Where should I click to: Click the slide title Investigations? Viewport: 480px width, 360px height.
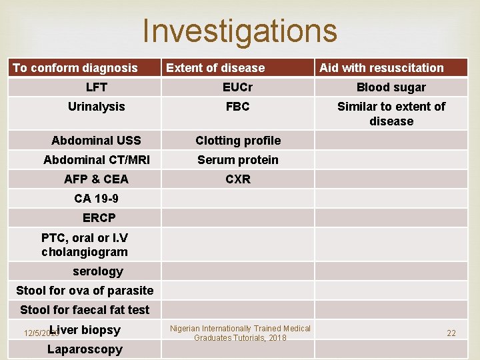pyautogui.click(x=240, y=31)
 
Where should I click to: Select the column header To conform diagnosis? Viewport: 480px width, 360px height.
pyautogui.click(x=75, y=67)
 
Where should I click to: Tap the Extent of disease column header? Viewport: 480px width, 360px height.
pyautogui.click(x=215, y=67)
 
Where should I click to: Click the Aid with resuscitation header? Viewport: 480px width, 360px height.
pyautogui.click(x=381, y=67)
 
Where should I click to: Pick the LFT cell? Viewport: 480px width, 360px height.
pyautogui.click(x=97, y=87)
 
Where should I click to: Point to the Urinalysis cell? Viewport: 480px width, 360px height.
pyautogui.click(x=97, y=106)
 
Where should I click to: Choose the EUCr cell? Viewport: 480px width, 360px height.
pyautogui.click(x=238, y=87)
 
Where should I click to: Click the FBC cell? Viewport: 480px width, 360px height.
pyautogui.click(x=238, y=106)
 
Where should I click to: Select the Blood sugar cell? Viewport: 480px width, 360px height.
pyautogui.click(x=391, y=87)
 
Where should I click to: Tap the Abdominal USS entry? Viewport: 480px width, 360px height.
pyautogui.click(x=97, y=140)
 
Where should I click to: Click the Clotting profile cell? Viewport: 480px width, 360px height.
pyautogui.click(x=238, y=140)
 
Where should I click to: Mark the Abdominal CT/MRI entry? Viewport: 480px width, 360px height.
pyautogui.click(x=97, y=159)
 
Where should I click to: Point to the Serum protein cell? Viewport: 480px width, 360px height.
pyautogui.click(x=238, y=159)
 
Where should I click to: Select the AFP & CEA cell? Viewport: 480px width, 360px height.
pyautogui.click(x=97, y=179)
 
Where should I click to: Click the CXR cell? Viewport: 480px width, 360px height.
pyautogui.click(x=238, y=179)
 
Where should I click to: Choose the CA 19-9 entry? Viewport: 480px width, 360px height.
pyautogui.click(x=97, y=198)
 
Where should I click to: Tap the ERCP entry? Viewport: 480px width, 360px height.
pyautogui.click(x=99, y=217)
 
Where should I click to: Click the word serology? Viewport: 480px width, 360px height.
pyautogui.click(x=98, y=271)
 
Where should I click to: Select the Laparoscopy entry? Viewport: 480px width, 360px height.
pyautogui.click(x=85, y=349)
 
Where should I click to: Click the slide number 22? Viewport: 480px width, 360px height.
pyautogui.click(x=451, y=333)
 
